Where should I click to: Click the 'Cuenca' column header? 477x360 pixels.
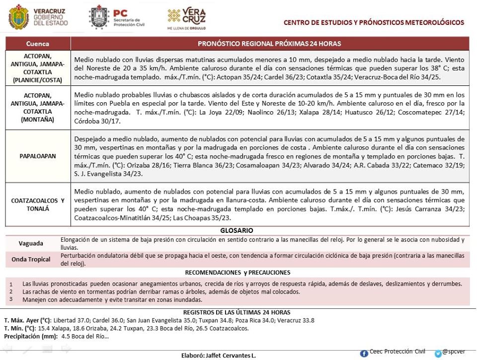click(x=38, y=44)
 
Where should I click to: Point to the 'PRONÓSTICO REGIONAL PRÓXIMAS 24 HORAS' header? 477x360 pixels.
click(x=269, y=44)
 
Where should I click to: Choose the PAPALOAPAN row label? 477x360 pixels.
click(x=38, y=156)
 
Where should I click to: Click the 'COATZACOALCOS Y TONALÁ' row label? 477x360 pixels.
click(x=38, y=205)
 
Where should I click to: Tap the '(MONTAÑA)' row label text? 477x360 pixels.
click(x=38, y=120)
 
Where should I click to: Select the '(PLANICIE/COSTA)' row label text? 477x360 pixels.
click(x=38, y=79)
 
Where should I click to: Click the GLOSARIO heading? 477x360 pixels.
click(x=237, y=231)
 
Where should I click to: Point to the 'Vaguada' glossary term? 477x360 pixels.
click(x=31, y=243)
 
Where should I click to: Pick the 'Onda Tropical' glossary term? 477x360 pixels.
click(x=31, y=259)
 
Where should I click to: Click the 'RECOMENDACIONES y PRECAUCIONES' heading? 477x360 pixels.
click(x=238, y=273)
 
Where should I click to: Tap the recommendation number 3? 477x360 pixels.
click(x=11, y=299)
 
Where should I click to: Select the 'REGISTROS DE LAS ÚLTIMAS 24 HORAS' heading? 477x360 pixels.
click(x=237, y=312)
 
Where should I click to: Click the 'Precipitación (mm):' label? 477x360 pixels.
click(x=30, y=336)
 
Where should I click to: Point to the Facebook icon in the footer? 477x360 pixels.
click(x=364, y=353)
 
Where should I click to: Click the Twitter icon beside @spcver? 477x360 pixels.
click(x=438, y=354)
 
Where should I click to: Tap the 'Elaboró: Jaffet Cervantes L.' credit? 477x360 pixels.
click(x=218, y=356)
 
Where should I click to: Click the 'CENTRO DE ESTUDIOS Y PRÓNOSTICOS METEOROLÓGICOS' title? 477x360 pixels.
click(x=374, y=22)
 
